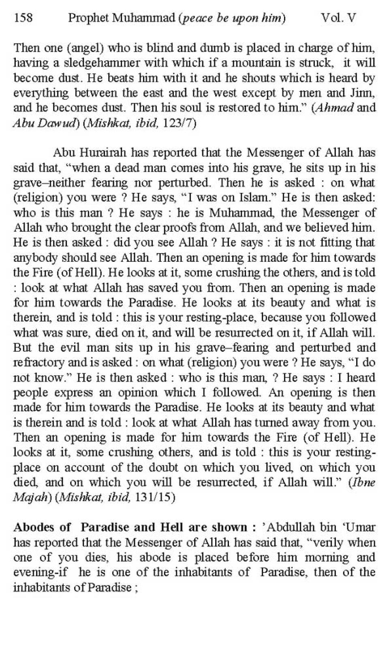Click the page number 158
23,18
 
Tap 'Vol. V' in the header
338,18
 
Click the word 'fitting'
334,243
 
